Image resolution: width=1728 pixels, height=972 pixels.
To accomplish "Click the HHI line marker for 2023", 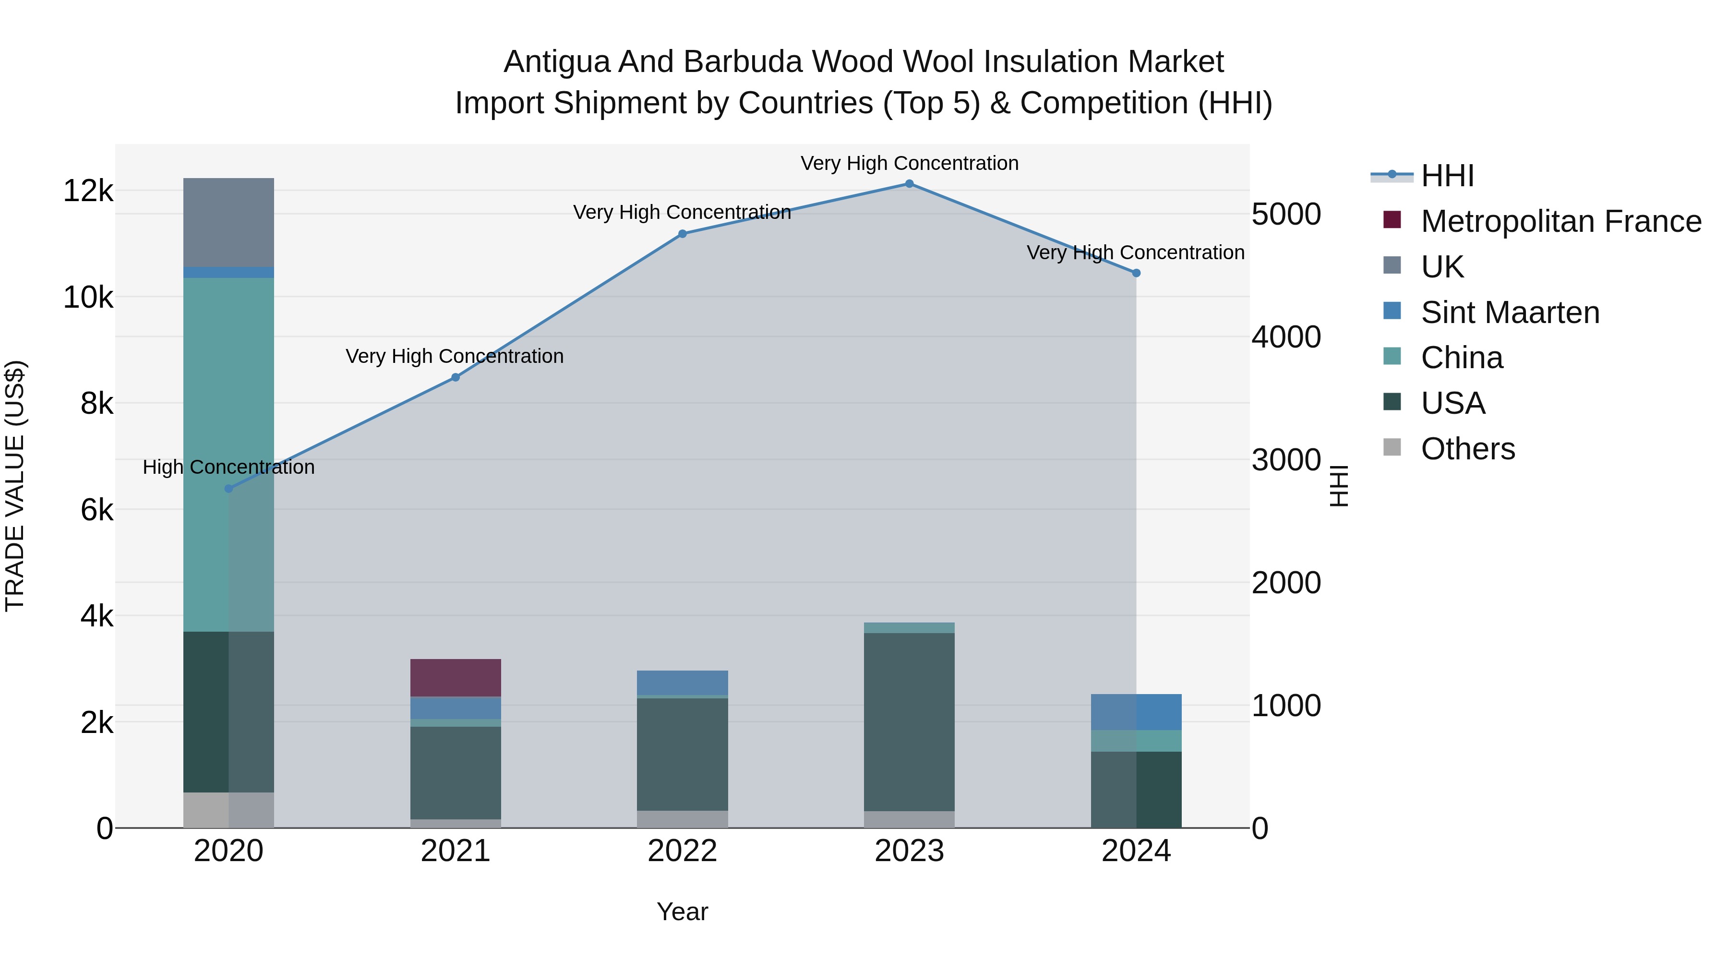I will point(909,184).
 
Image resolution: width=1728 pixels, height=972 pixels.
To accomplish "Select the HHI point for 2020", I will point(229,489).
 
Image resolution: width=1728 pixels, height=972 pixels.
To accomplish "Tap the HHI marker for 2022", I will point(682,234).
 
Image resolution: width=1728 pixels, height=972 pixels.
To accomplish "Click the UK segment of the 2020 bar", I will point(229,222).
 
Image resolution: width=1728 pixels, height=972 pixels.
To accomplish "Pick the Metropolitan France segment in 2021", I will point(456,677).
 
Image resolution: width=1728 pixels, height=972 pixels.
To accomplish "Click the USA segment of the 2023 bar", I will point(909,722).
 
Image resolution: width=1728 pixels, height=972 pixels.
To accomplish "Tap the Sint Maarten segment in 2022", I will point(682,683).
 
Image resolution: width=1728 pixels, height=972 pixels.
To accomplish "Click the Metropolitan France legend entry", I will point(1560,221).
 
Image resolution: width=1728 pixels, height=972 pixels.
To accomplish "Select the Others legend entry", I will point(1468,449).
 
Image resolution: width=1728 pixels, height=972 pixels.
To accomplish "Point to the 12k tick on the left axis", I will point(88,191).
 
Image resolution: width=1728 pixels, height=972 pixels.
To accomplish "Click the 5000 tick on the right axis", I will point(1286,215).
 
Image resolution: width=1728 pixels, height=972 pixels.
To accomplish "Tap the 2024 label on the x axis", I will point(1136,851).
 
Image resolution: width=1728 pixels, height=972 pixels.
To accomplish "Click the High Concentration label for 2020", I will point(229,468).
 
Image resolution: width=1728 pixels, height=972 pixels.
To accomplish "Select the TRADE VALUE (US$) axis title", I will point(15,486).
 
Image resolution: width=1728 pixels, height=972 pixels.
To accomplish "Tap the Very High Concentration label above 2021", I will point(455,356).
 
